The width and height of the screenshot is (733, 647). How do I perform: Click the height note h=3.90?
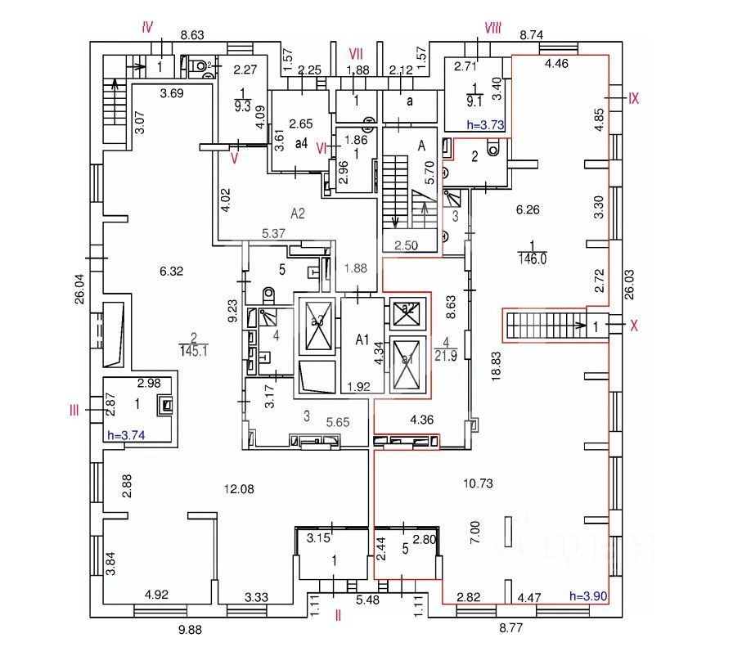(587, 595)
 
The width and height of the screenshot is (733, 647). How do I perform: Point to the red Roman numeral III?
(74, 411)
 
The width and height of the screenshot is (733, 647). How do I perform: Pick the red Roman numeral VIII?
(492, 29)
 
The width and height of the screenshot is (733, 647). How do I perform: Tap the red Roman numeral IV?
(147, 27)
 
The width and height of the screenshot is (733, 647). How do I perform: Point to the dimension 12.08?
(240, 488)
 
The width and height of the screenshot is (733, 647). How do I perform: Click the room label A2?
(297, 213)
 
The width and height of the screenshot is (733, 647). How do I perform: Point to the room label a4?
(300, 144)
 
